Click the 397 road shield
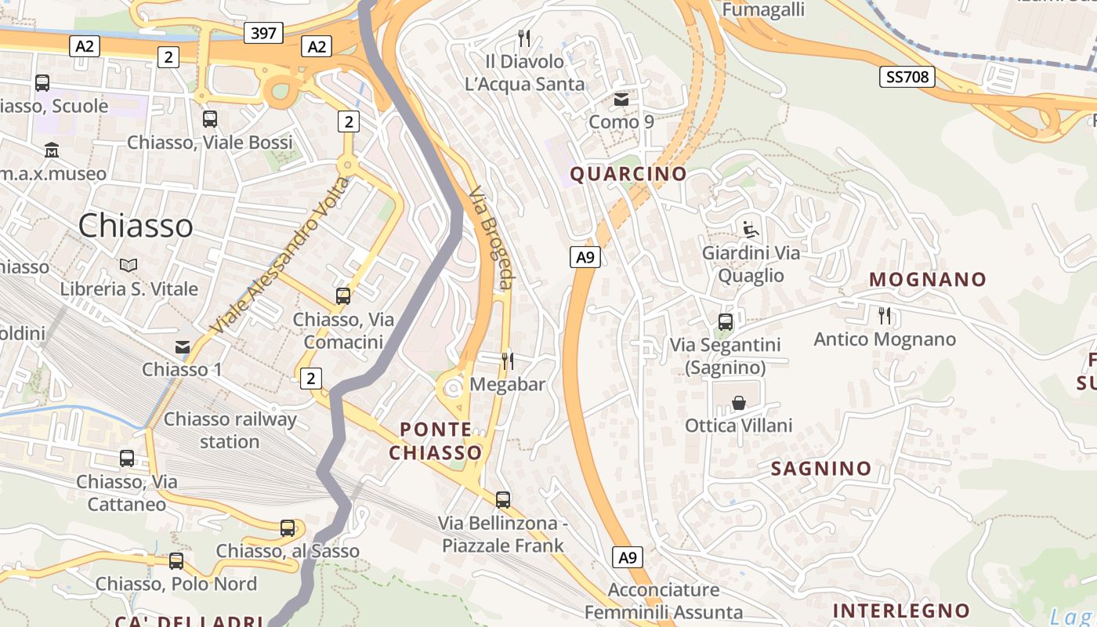263,33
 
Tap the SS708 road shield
907,76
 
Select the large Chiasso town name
136,226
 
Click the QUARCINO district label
628,174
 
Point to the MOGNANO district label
928,279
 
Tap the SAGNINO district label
821,469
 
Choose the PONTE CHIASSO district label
436,441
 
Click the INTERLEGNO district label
901,611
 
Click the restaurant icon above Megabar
508,361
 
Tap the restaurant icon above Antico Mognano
885,316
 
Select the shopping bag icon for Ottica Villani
738,403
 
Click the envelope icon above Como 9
621,100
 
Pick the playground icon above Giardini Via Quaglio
751,230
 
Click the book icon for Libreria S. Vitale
129,266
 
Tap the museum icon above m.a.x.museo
52,150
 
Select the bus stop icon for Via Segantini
726,322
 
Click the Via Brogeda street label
491,237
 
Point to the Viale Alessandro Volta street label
280,256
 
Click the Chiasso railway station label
230,430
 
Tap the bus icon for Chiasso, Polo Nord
176,561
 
